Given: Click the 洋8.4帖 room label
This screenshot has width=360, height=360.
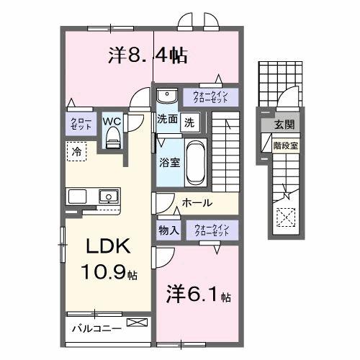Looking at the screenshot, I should (x=148, y=55).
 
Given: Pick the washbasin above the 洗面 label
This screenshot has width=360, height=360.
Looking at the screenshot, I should (x=166, y=96).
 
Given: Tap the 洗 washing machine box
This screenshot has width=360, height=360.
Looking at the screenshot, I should (x=189, y=122).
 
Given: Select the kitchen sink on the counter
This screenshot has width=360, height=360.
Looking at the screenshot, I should (x=109, y=195).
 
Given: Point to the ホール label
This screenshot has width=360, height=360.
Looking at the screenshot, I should (x=197, y=202).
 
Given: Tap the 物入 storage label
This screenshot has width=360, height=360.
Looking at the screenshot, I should (x=168, y=230).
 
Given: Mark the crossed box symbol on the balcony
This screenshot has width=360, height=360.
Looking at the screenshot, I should (x=135, y=323).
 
